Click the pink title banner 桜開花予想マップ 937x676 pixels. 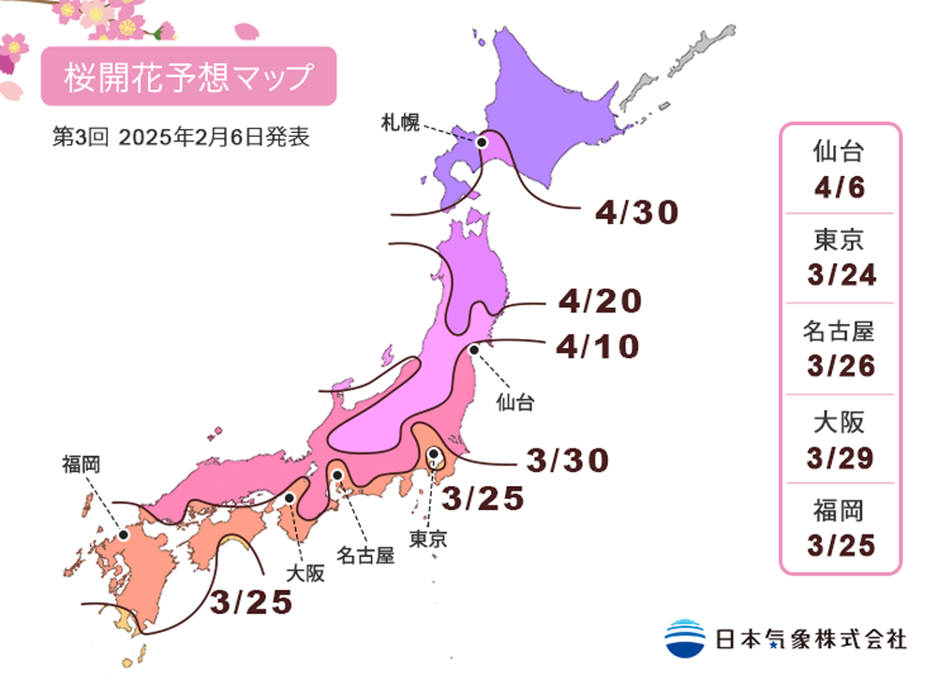click(x=187, y=77)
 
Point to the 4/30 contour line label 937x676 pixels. click(x=636, y=213)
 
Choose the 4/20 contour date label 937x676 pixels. click(x=600, y=301)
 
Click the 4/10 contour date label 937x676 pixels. click(x=597, y=346)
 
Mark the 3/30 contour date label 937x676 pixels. click(x=568, y=460)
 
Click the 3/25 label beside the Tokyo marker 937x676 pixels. click(x=483, y=499)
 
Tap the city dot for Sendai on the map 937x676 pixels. click(x=474, y=349)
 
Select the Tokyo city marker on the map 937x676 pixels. click(x=434, y=456)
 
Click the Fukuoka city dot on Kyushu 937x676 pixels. click(x=123, y=536)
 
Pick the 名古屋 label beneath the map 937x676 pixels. click(x=365, y=554)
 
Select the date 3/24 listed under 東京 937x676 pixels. click(x=840, y=275)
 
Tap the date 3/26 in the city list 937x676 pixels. click(x=840, y=365)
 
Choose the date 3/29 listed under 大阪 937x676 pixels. click(x=840, y=456)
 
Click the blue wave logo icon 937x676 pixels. click(x=686, y=638)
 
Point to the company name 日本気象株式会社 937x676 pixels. click(x=811, y=639)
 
